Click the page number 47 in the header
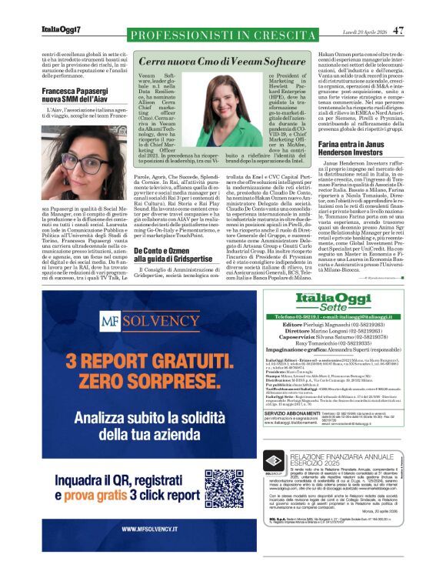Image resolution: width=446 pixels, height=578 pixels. pos(398,31)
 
